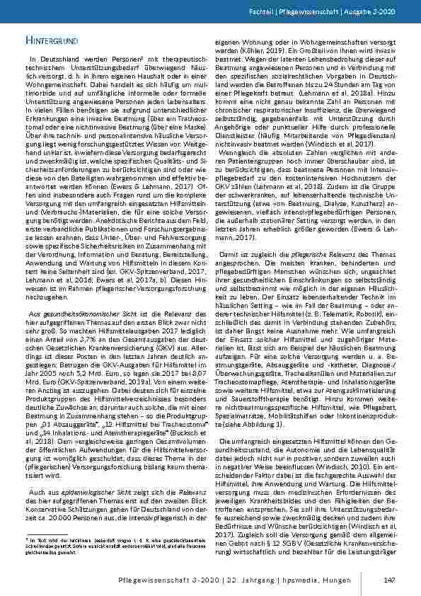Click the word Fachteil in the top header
(x=278, y=14)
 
